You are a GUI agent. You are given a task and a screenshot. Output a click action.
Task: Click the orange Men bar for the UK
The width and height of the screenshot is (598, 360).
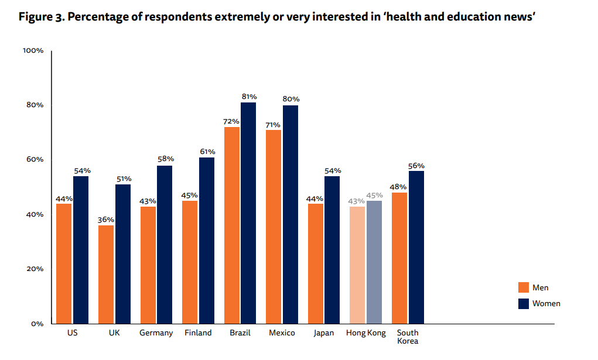click(x=106, y=275)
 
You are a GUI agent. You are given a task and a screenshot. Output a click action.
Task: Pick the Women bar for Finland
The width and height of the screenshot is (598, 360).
click(x=207, y=241)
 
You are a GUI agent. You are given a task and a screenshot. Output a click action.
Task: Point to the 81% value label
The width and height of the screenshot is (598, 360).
click(x=249, y=97)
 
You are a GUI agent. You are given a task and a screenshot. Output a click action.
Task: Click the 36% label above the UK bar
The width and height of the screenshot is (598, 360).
click(x=106, y=220)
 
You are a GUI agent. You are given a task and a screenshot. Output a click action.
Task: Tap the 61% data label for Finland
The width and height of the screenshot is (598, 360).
click(x=207, y=152)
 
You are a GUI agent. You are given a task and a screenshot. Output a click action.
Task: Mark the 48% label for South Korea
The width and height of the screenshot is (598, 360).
click(x=399, y=187)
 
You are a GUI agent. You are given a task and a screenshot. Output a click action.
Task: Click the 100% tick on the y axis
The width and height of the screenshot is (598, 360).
click(x=33, y=51)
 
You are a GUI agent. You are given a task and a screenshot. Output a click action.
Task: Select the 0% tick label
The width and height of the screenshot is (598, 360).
click(x=37, y=324)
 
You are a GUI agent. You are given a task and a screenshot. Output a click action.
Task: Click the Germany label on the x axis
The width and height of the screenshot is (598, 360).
click(x=156, y=333)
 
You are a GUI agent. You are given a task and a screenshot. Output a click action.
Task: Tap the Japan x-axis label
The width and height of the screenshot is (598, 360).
click(x=324, y=333)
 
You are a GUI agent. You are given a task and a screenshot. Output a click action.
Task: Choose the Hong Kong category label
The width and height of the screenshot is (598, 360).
click(x=366, y=333)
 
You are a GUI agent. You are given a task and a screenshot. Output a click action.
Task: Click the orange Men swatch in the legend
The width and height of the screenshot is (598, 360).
click(x=524, y=287)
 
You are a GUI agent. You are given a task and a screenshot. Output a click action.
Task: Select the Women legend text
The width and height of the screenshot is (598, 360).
click(x=546, y=303)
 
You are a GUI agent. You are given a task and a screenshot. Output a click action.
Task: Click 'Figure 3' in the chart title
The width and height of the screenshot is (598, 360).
click(x=41, y=16)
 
